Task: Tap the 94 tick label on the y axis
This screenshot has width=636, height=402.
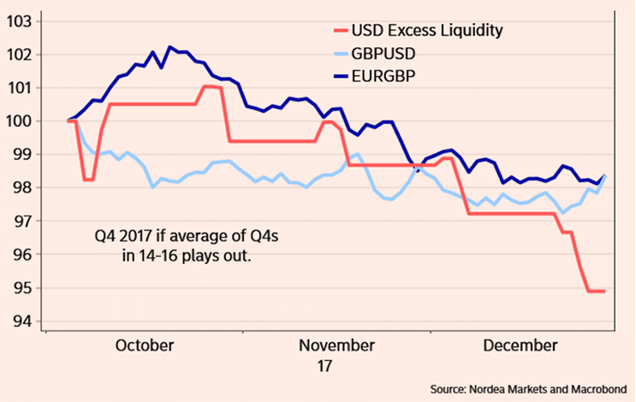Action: tap(26, 322)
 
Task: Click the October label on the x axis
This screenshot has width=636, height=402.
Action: tap(145, 346)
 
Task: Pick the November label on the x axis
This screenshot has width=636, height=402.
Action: tap(337, 346)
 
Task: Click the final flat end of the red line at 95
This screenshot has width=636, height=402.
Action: tap(597, 291)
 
